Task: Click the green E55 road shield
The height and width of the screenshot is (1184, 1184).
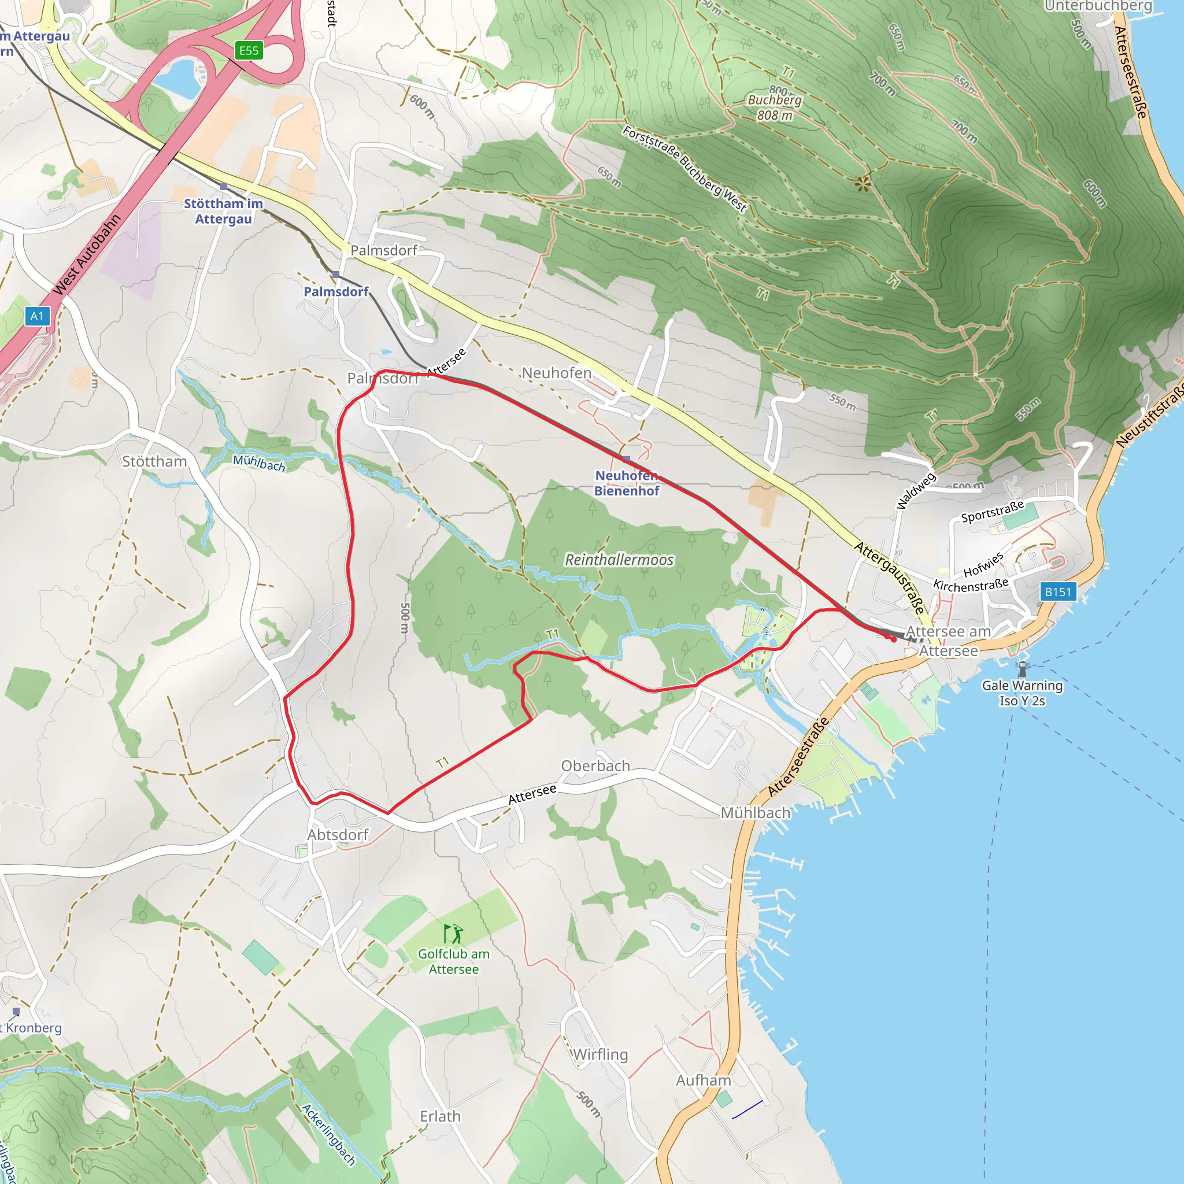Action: coord(249,50)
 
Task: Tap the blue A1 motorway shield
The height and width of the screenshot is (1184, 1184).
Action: coord(37,316)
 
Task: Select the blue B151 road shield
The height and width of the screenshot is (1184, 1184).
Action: coord(1058,591)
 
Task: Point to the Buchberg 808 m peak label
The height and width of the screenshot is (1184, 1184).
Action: coord(774,108)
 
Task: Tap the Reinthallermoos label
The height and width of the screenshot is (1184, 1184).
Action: coord(619,560)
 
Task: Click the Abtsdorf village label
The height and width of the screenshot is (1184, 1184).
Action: coord(338,835)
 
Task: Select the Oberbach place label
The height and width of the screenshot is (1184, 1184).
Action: coord(595,766)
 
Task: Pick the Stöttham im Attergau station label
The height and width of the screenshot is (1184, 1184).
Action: coord(224,211)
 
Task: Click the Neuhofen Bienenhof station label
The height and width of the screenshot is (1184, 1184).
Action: coord(626,483)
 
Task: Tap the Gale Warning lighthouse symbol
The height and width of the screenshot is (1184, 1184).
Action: coord(1022,668)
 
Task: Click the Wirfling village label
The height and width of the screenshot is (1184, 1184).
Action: coord(601,1054)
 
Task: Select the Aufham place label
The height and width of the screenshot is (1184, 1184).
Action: coord(704,1081)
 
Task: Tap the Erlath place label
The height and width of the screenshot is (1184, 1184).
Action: coord(440,1116)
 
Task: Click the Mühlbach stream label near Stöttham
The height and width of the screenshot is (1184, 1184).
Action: coord(259,462)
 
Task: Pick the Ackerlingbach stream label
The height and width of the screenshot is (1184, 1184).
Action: coord(328,1134)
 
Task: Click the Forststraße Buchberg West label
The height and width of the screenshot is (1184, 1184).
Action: coord(684,169)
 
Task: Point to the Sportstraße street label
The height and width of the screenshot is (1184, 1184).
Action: coord(992,512)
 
